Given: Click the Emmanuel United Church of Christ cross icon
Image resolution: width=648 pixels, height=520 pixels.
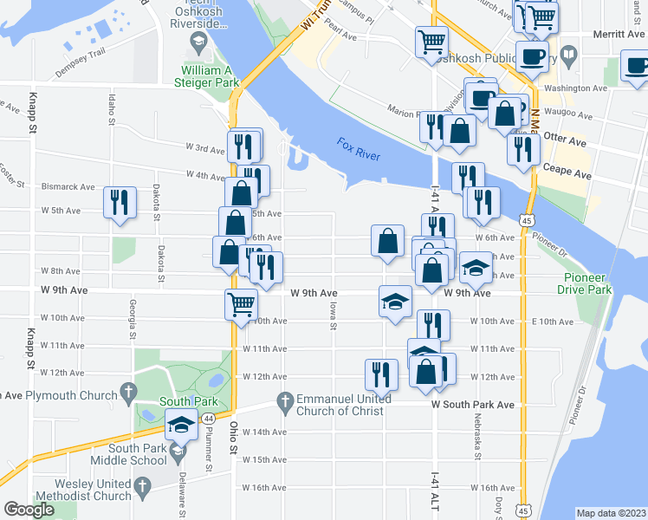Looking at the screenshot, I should (x=284, y=400).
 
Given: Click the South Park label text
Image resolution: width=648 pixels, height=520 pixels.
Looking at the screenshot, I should (x=182, y=401).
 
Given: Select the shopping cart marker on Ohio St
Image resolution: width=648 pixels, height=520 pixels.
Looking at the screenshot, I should (x=241, y=303).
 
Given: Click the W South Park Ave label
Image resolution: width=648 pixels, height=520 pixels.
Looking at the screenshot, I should (x=474, y=404).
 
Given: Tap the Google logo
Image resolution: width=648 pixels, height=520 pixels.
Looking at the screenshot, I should (x=29, y=510).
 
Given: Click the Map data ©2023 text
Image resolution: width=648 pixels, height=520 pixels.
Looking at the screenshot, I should (x=610, y=513).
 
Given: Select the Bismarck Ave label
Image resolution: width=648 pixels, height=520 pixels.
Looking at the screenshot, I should (x=68, y=186).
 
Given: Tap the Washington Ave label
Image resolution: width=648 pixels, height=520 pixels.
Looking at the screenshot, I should (x=576, y=88).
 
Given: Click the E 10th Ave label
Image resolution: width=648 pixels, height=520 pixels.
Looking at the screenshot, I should (x=551, y=322).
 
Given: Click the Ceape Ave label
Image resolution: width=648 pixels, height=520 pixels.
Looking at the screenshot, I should (x=568, y=172).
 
